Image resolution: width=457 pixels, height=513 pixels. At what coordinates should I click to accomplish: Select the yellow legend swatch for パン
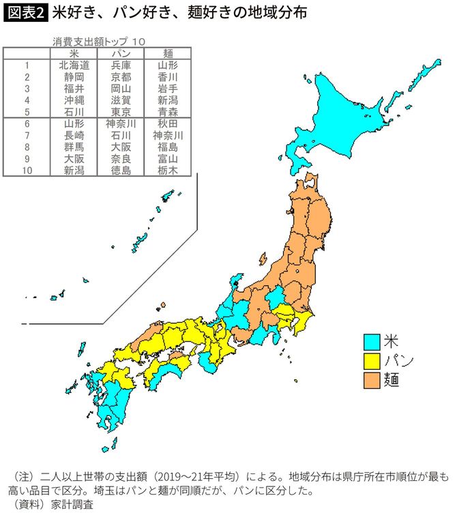(x=371, y=359)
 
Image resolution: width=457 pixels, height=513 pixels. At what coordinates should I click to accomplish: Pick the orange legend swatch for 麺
(x=371, y=378)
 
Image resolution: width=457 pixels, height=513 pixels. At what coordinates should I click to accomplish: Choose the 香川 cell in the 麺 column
(x=167, y=78)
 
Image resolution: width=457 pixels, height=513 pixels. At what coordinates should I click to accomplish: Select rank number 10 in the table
(x=28, y=171)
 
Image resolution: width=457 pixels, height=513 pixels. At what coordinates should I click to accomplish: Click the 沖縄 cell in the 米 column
(x=74, y=100)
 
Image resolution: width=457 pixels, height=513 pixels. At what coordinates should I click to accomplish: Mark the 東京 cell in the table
(x=121, y=112)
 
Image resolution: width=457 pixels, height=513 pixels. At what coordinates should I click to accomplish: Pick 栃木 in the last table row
(x=167, y=171)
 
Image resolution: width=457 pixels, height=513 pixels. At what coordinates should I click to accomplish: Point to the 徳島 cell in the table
(x=121, y=171)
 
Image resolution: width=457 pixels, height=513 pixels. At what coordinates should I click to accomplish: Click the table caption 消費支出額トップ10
(x=99, y=42)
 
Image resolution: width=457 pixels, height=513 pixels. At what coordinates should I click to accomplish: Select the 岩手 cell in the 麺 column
(x=167, y=89)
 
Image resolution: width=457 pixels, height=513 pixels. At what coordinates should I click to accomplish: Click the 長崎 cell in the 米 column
(x=74, y=136)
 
